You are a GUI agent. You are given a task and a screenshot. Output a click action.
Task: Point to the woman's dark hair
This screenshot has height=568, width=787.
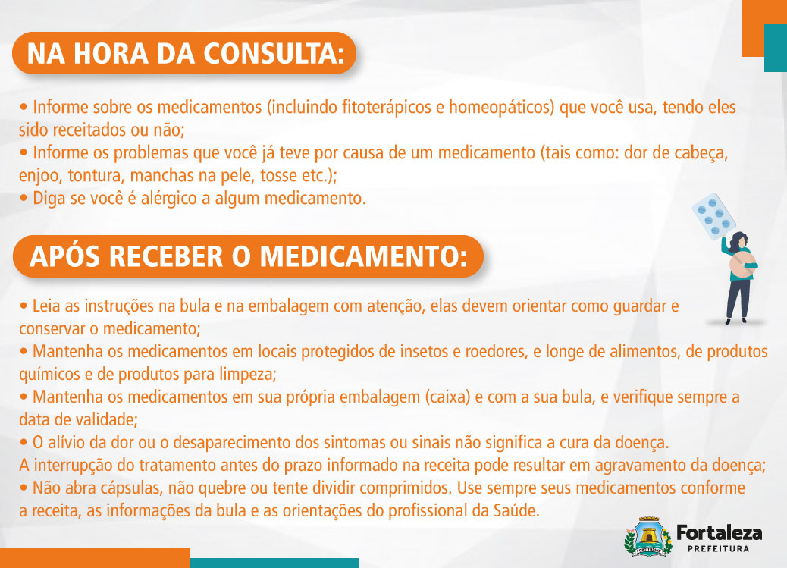[x=741, y=239]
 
